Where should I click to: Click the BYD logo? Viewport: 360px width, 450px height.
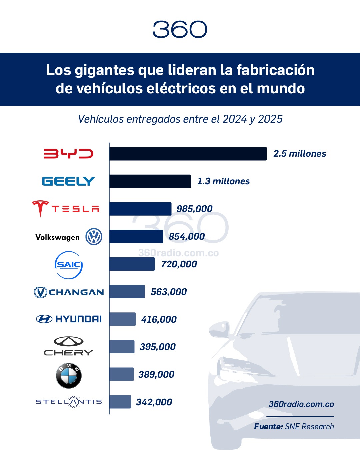coord(68,154)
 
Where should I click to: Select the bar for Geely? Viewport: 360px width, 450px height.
coord(150,181)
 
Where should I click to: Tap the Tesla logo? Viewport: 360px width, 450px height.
coord(66,209)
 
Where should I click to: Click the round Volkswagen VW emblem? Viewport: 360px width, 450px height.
coord(94,237)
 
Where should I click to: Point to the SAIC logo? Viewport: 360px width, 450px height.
coord(68,265)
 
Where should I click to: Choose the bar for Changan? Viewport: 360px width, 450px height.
coord(127,292)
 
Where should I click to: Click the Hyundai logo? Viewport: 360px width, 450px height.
coord(69,319)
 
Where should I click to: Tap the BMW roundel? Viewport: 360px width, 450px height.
coord(69,376)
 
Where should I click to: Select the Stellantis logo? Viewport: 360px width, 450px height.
coord(69,402)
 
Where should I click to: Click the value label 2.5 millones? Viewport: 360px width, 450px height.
coord(300,154)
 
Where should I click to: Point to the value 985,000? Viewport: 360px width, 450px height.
coord(194,209)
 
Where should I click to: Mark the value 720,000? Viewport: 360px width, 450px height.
coord(179,264)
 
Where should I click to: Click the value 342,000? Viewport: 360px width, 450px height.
coord(154,402)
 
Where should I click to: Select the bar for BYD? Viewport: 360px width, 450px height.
coord(188,154)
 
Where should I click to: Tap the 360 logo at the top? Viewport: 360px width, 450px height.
coord(180,29)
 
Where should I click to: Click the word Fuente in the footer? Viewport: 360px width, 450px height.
coord(268,427)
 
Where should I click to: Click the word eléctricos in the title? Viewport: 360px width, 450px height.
coord(179,89)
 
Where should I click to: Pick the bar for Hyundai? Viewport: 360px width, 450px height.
coord(122,319)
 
